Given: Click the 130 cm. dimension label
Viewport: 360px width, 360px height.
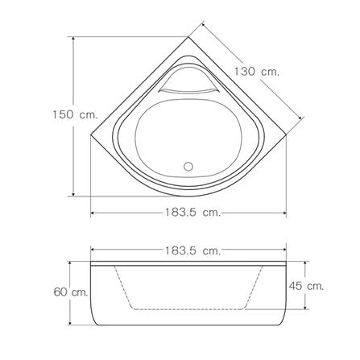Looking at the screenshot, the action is pos(257,72).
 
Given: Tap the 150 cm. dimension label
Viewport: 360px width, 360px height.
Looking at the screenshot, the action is pos(75,114).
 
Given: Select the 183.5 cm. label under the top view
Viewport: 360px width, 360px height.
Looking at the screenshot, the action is pos(192,213).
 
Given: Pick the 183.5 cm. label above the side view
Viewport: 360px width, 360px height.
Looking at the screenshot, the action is pos(192,251).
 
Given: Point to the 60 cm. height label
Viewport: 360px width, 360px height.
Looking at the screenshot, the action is pos(71,292).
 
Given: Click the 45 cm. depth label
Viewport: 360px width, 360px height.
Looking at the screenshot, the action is pos(306,286).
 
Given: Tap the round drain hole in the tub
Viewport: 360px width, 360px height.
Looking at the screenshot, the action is pos(188,166).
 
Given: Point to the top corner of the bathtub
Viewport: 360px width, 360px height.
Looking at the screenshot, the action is pos(188,37).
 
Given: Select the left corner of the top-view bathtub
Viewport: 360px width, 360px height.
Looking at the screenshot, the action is pos(91,134).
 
